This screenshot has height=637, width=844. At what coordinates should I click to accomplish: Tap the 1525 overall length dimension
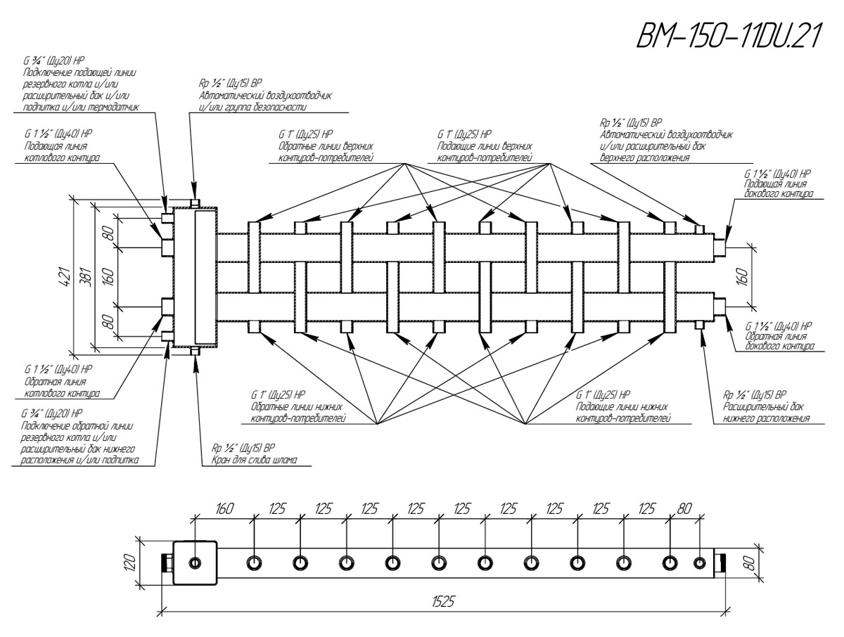[x=442, y=603]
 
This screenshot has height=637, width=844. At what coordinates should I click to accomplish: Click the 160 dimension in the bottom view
[x=224, y=508]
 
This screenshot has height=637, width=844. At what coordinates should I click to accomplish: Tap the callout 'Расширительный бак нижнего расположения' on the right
[x=764, y=413]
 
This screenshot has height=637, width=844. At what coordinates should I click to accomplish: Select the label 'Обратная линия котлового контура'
[x=60, y=386]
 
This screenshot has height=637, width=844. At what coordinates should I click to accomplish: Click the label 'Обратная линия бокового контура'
[x=778, y=342]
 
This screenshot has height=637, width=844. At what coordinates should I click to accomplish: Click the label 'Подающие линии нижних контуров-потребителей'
[x=622, y=412]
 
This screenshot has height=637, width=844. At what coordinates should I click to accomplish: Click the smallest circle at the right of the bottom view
[x=699, y=562]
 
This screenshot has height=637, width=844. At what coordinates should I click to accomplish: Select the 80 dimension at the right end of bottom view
[x=750, y=562]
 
